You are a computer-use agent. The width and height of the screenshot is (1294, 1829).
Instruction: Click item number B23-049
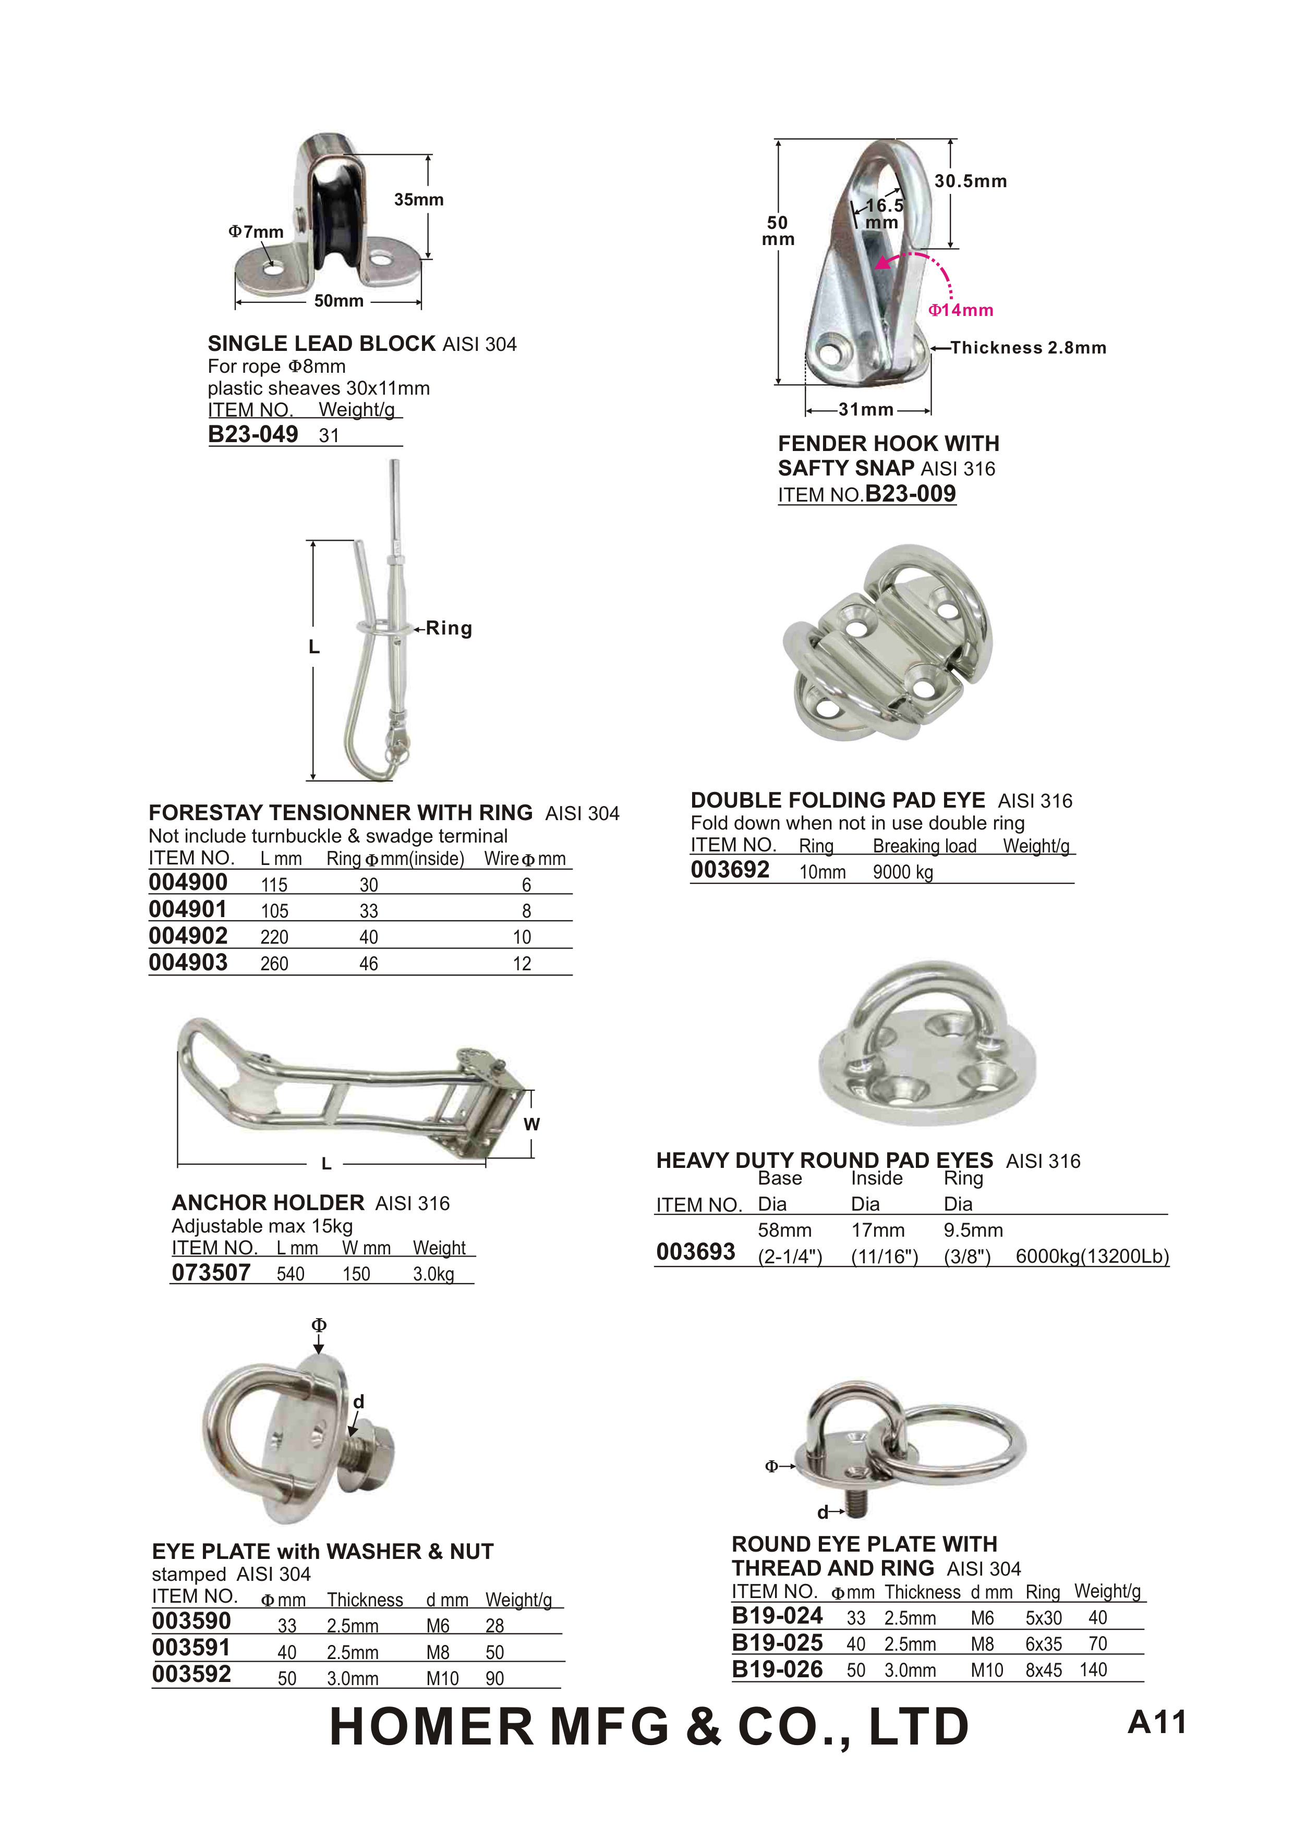click(252, 434)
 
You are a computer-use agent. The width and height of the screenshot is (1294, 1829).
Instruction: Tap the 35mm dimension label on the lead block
click(418, 200)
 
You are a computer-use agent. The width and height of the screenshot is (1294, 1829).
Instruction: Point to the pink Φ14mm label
click(961, 311)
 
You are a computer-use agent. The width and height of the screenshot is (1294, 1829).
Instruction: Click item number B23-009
click(910, 494)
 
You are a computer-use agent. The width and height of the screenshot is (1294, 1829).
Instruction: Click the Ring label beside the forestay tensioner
click(449, 628)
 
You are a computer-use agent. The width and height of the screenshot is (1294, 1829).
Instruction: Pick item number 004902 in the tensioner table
click(188, 936)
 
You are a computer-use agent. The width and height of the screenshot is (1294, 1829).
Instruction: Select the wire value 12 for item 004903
click(522, 964)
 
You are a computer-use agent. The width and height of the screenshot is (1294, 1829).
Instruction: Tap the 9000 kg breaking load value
click(903, 872)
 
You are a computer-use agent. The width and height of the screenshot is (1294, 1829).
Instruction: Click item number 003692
click(730, 870)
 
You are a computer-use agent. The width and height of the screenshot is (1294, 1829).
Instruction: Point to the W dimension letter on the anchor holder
click(531, 1124)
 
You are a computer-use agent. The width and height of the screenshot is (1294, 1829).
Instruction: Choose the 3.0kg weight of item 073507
click(433, 1274)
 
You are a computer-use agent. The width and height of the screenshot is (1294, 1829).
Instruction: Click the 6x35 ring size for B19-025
click(1043, 1644)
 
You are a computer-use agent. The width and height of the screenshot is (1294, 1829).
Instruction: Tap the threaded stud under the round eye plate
click(857, 1506)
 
